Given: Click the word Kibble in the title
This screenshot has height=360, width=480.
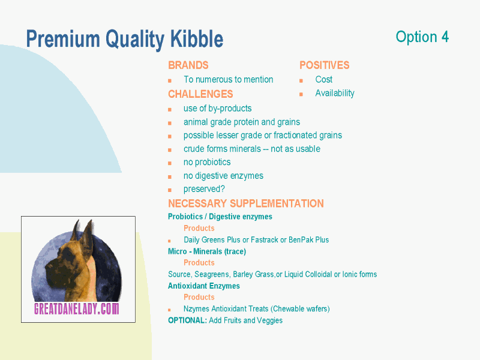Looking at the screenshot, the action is pos(197,39).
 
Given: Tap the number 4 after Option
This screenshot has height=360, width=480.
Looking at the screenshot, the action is pos(445,37).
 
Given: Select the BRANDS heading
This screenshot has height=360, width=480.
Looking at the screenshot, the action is pos(188,65).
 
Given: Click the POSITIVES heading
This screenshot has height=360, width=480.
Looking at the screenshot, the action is pos(324,65).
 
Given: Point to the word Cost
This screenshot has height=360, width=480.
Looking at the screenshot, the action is pos(323,80).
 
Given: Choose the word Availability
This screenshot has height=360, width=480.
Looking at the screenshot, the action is pos(335,93).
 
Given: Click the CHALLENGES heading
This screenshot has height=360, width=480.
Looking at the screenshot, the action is pos(200,94).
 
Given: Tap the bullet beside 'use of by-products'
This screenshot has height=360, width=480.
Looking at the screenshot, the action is pos(170,110).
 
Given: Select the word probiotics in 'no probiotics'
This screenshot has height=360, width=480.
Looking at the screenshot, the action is pos(213,162).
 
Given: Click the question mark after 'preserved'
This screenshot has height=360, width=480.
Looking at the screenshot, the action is pos(223,188).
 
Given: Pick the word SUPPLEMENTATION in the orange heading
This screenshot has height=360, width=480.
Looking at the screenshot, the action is pos(277,203).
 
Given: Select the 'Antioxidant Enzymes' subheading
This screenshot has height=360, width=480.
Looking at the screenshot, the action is pos(204,286).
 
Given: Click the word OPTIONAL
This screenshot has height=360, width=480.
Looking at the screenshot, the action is pos(187,320).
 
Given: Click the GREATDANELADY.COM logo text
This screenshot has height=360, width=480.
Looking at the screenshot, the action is pos(77,308).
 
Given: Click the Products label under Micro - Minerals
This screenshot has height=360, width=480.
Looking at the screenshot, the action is pos(199,263).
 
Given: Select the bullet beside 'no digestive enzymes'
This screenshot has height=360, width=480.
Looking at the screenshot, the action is pos(170,177).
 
